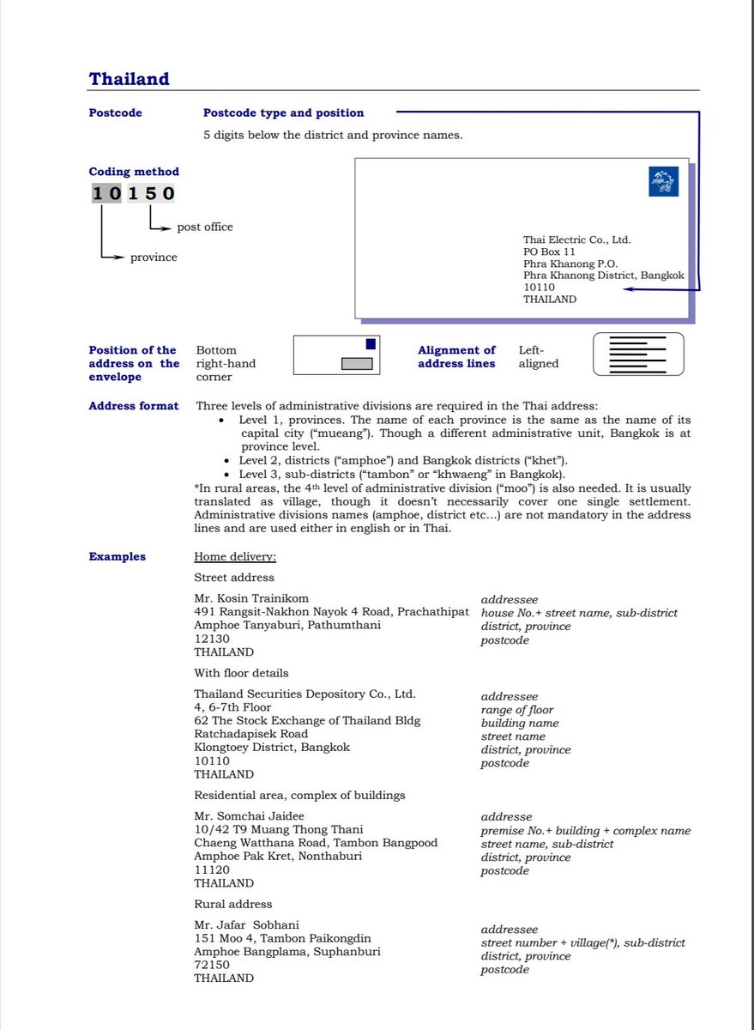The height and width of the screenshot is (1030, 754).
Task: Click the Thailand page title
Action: (129, 79)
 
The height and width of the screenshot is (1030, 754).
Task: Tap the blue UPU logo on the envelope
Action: (663, 181)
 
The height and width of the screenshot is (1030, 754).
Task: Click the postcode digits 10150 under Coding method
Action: (133, 193)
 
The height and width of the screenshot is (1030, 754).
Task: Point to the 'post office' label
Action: (205, 227)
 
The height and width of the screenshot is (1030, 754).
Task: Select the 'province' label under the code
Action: (154, 257)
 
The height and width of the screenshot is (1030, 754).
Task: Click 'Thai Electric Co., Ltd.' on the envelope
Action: (576, 240)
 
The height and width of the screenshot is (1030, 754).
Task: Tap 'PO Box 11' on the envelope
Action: (549, 252)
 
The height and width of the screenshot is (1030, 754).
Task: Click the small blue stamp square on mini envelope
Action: (371, 344)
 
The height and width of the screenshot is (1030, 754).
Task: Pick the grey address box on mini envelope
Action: (357, 363)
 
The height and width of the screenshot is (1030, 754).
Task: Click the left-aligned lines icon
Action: (638, 354)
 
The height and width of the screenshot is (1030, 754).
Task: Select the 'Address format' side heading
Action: (134, 406)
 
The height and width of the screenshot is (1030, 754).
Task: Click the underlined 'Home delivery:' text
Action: (235, 557)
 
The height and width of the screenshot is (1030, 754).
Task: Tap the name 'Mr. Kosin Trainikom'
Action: (251, 598)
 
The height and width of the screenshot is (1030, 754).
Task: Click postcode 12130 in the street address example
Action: (212, 639)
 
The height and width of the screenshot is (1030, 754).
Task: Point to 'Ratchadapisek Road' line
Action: (250, 734)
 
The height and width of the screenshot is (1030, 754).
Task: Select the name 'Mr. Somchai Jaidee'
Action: (249, 816)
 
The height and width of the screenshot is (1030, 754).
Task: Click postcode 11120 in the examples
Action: (212, 869)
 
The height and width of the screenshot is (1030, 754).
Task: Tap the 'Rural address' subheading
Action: (232, 904)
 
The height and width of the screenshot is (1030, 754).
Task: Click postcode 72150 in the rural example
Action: (212, 965)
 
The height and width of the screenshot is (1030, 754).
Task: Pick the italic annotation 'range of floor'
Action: (516, 710)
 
